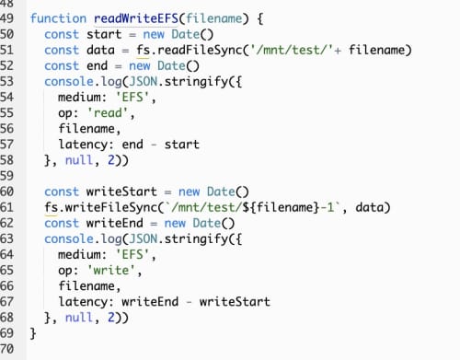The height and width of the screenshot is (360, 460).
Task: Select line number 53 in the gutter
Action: pos(9,81)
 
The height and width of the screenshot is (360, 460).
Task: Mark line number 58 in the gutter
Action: pos(9,159)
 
